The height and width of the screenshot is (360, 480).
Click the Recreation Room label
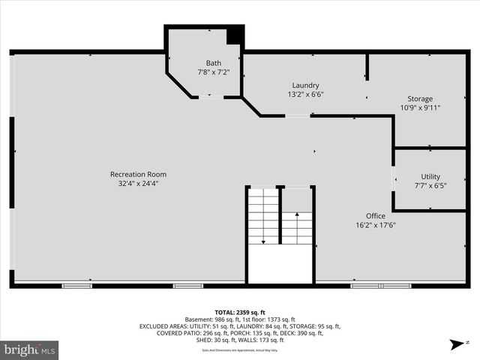point(137,174)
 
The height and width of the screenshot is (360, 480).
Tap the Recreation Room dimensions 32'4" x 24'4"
point(137,183)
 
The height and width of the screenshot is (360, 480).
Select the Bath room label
point(214,63)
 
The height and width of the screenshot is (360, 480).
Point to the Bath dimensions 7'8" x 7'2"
point(214,73)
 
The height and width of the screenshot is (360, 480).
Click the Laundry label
point(306,85)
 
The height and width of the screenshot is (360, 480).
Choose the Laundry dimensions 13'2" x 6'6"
point(306,95)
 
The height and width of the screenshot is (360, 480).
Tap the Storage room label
point(420,99)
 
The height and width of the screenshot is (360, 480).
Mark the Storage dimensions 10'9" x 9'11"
point(420,108)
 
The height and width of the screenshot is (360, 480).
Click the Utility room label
point(430,176)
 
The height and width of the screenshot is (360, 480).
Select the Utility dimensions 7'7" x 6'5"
point(430,186)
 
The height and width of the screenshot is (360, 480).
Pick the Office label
point(375,215)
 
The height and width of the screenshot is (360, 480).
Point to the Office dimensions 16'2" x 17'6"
point(375,225)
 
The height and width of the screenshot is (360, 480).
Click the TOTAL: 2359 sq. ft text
point(240,312)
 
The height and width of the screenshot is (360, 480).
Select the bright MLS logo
point(30,349)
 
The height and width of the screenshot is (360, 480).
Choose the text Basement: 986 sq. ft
point(210,319)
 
